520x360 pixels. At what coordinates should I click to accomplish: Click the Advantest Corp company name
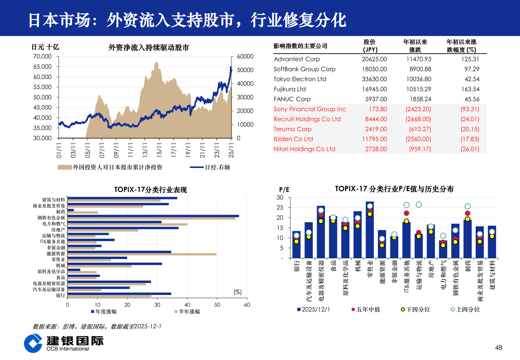tap(297, 59)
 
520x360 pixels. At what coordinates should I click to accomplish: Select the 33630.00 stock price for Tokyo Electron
tap(374, 79)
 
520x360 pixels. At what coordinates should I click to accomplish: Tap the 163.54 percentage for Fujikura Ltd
tap(470, 89)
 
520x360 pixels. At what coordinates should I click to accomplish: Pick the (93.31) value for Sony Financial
tap(470, 109)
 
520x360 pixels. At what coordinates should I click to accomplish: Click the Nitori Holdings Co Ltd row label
tap(304, 149)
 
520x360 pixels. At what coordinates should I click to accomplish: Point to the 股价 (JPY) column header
tap(370, 46)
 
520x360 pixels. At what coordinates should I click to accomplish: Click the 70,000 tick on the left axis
tap(42, 56)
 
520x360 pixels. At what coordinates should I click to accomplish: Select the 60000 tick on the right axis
tap(245, 56)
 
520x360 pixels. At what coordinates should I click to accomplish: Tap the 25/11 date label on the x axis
tap(231, 150)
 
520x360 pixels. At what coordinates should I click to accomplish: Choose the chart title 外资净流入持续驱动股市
tap(149, 48)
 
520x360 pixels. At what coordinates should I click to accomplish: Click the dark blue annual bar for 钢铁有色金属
tap(153, 216)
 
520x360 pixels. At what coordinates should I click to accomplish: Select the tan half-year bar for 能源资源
tap(142, 254)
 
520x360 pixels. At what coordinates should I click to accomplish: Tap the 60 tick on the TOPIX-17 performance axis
tap(247, 305)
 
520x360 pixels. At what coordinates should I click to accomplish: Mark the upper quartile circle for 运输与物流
tap(419, 205)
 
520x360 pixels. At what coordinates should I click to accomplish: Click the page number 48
tap(498, 348)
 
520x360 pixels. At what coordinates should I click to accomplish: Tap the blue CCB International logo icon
tap(33, 343)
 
